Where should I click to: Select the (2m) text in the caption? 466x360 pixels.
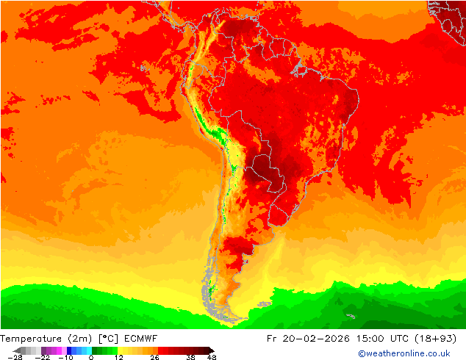click(81, 339)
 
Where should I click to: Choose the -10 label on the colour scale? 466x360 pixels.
click(66, 357)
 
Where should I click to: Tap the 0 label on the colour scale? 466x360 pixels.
click(90, 357)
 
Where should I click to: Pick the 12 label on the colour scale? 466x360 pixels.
click(118, 357)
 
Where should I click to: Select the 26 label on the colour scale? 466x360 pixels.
click(154, 357)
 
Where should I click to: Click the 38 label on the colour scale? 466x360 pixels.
click(190, 357)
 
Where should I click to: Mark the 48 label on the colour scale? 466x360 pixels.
click(211, 357)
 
